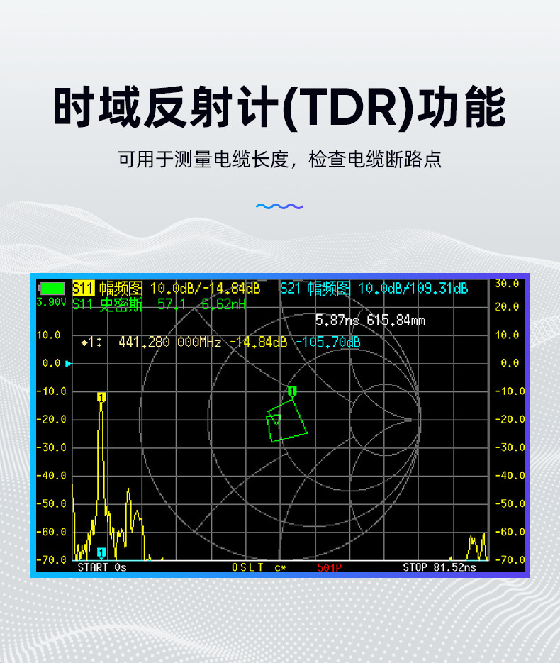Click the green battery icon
(x=52, y=289)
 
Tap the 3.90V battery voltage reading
(x=51, y=302)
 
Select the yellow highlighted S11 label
(x=83, y=289)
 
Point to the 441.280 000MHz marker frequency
(x=169, y=342)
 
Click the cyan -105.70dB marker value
(x=328, y=342)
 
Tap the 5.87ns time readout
(x=337, y=320)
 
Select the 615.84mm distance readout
(x=396, y=320)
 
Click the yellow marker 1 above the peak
(x=101, y=397)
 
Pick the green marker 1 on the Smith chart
(x=292, y=391)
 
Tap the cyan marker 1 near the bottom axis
(x=101, y=552)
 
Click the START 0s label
(x=102, y=567)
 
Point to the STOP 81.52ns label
(x=439, y=567)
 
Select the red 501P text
(x=329, y=567)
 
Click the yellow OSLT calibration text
(x=247, y=567)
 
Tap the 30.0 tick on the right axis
(x=507, y=284)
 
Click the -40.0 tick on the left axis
(x=52, y=476)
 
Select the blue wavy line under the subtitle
(x=279, y=206)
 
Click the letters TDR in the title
(x=347, y=107)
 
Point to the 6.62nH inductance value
(x=223, y=304)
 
